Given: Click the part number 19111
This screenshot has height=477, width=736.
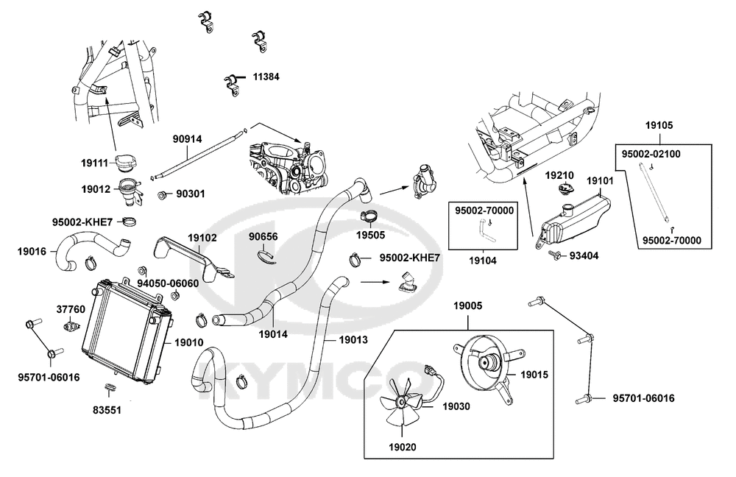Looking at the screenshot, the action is pos(95,163).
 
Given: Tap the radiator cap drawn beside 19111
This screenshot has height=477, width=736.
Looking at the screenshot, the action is pos(125,163).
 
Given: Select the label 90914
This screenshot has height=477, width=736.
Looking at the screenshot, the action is pos(187,139).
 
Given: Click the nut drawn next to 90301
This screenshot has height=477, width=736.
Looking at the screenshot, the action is pos(163,194).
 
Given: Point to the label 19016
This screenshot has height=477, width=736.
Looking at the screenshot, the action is pos(32,251).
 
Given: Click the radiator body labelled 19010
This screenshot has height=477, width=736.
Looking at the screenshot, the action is pos(127,331).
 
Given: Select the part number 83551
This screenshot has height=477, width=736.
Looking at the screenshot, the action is pos(107,410).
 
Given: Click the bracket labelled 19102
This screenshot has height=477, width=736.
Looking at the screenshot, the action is pos(192,258).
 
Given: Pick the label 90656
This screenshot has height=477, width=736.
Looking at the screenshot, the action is pos(263,236).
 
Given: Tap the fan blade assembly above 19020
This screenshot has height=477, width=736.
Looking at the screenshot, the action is pos(402,401).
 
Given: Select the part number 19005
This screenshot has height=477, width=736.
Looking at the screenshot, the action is pos(467,305).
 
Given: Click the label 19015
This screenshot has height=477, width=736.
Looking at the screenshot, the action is pos(534,375).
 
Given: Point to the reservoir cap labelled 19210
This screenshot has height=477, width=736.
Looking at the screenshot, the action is pos(564,188).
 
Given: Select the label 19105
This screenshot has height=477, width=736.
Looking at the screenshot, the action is pos(659,125).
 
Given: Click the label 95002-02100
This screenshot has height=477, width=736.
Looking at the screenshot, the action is pos(651,154).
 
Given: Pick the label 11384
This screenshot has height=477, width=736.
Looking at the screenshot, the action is pos(266,76).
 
